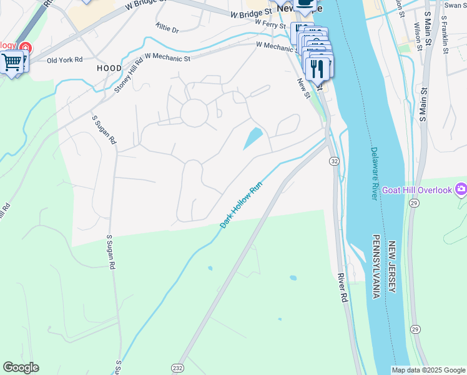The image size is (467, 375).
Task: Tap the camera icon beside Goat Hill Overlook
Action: click(x=461, y=188)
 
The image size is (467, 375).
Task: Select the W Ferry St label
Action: click(x=270, y=25)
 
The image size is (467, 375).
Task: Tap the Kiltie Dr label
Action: click(x=167, y=29)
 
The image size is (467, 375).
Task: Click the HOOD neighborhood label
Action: click(x=109, y=67)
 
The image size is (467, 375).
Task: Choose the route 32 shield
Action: click(x=335, y=161)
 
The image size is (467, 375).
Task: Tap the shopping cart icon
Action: click(x=12, y=62)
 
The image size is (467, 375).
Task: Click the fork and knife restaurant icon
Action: click(x=318, y=67)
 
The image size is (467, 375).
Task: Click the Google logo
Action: click(x=21, y=367)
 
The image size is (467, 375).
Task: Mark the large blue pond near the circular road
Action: click(x=253, y=138)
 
